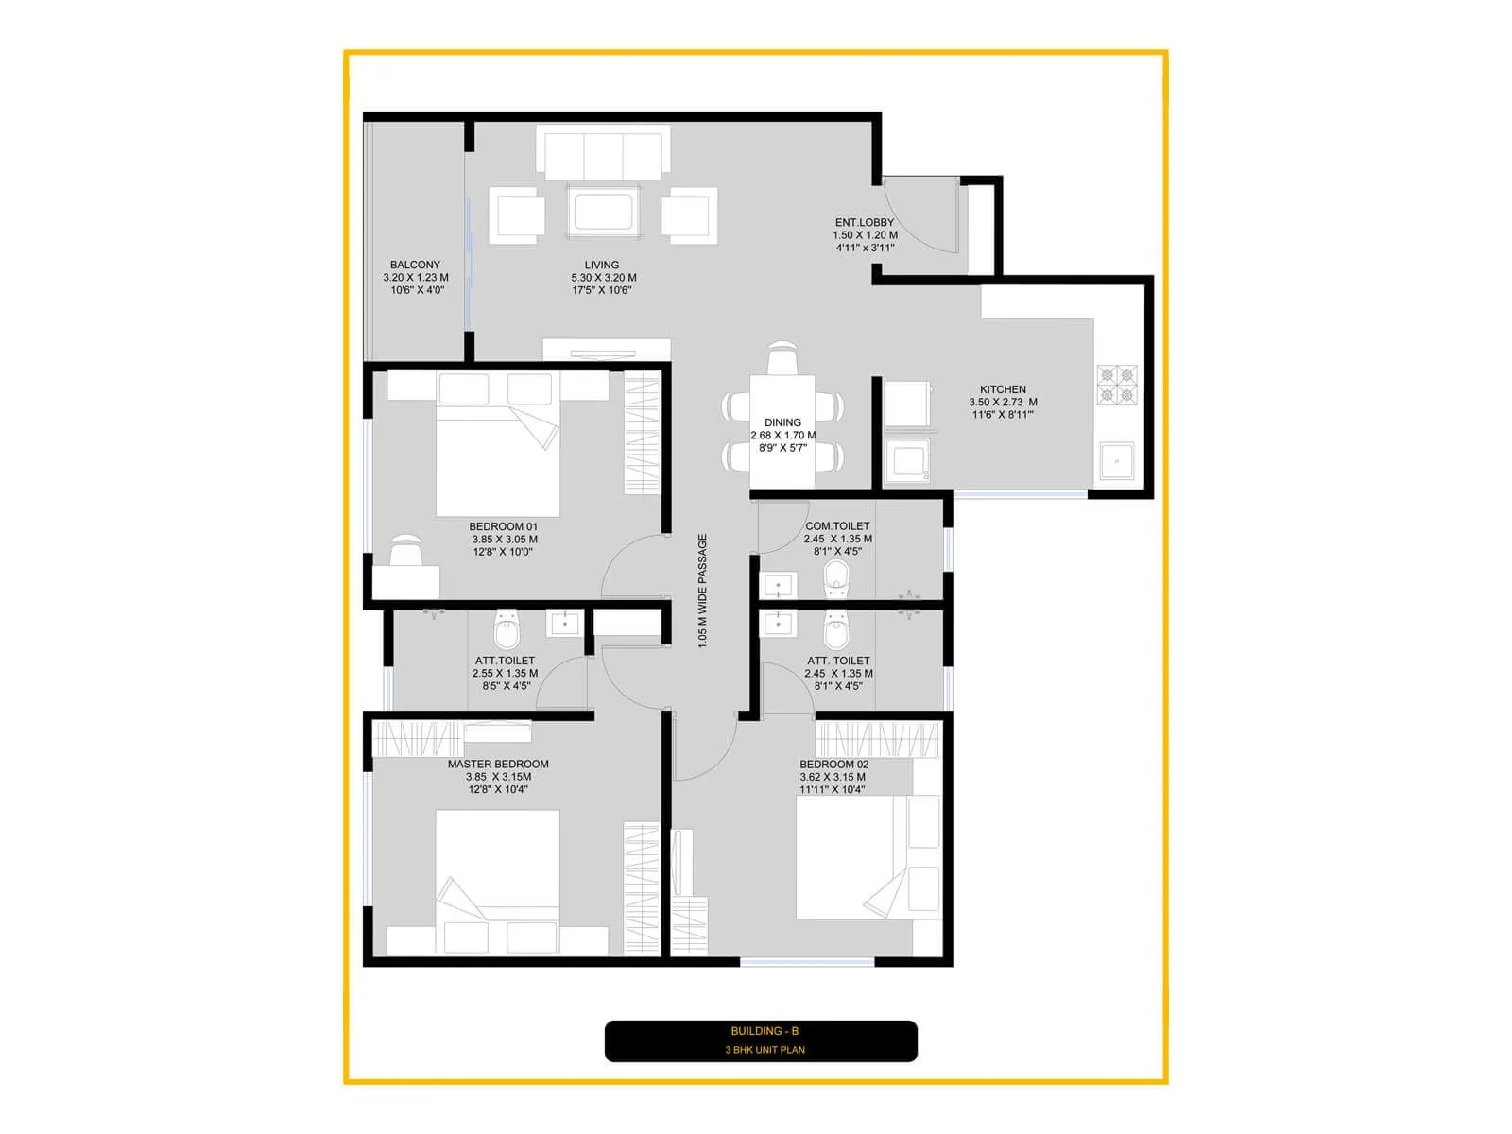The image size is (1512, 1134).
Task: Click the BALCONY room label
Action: pyautogui.click(x=415, y=266)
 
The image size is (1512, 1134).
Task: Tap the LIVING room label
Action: pyautogui.click(x=602, y=266)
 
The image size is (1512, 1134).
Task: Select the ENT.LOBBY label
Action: pyautogui.click(x=864, y=223)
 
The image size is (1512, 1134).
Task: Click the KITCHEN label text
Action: pyautogui.click(x=1003, y=389)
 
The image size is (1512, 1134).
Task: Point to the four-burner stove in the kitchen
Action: pyautogui.click(x=1116, y=385)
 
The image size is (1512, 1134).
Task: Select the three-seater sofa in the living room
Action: pyautogui.click(x=603, y=156)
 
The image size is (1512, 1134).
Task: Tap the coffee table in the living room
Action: pyautogui.click(x=603, y=213)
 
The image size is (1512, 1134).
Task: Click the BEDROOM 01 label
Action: pyautogui.click(x=503, y=527)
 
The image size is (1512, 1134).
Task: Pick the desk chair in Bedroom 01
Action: pyautogui.click(x=406, y=551)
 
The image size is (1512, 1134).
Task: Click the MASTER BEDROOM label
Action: pyautogui.click(x=498, y=765)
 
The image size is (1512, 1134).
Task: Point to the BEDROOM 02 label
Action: pyautogui.click(x=833, y=765)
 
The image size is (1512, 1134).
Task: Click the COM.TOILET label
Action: pyautogui.click(x=837, y=526)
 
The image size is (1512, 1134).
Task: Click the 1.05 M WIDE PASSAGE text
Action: pyautogui.click(x=702, y=591)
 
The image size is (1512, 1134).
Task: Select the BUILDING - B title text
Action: pyautogui.click(x=765, y=1031)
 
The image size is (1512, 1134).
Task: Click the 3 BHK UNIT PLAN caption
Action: pyautogui.click(x=765, y=1050)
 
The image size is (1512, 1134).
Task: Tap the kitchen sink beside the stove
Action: pyautogui.click(x=1116, y=461)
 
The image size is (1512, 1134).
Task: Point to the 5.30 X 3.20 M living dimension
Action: pyautogui.click(x=603, y=278)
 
